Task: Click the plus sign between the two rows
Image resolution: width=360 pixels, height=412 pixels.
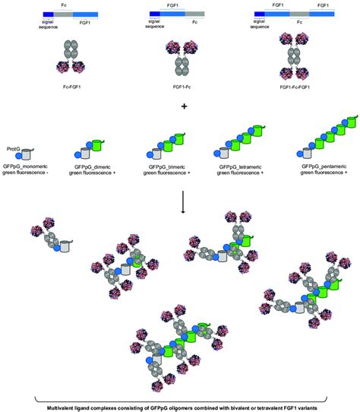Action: (x=182, y=106)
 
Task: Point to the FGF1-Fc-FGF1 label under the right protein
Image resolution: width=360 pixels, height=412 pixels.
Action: (x=298, y=89)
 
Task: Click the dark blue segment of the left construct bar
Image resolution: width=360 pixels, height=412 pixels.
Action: (x=48, y=14)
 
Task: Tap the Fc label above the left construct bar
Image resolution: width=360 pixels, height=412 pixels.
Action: (x=65, y=5)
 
